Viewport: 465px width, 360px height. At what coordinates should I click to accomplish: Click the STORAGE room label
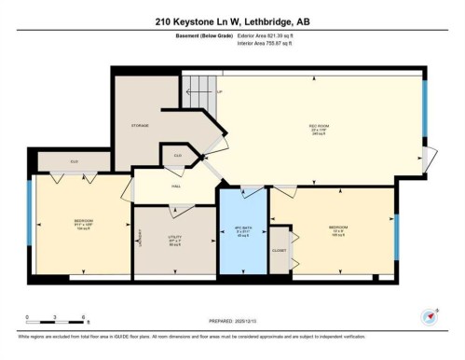pos(141,124)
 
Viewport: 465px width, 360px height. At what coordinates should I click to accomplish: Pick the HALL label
pos(175,186)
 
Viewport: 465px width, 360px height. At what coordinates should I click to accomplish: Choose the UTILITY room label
pos(175,237)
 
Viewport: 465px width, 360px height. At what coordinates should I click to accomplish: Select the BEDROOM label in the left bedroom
pos(83,222)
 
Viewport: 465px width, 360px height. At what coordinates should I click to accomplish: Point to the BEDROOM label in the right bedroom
pos(338,227)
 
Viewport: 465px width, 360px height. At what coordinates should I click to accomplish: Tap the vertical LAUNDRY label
pos(140,242)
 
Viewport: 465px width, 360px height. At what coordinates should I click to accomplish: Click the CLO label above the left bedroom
pos(73,160)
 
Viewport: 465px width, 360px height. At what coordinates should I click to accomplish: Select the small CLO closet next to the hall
pos(176,156)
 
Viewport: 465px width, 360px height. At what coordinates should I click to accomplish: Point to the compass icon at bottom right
pos(430,315)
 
